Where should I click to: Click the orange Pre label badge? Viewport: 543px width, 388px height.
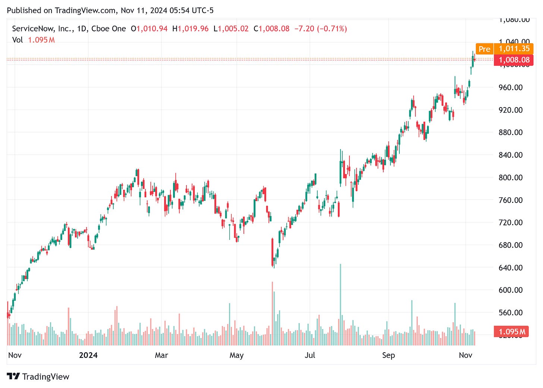[484, 49]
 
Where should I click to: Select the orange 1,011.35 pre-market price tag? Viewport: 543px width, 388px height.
[514, 49]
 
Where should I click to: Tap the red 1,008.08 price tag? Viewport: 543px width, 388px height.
[514, 60]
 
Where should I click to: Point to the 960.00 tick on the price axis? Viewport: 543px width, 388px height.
[511, 88]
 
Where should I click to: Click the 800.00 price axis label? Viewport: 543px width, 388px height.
[511, 178]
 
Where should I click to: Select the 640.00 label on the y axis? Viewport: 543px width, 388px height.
[511, 267]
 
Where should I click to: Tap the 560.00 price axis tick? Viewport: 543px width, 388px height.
[511, 313]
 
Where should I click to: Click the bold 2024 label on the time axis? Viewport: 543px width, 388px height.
[88, 355]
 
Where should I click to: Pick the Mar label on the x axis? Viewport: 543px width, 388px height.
[161, 355]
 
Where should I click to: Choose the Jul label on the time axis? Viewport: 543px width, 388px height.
[310, 355]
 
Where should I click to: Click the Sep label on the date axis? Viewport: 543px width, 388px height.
[388, 355]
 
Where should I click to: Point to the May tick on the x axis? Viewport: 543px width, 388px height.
[236, 355]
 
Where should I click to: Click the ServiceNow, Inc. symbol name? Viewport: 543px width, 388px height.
[42, 29]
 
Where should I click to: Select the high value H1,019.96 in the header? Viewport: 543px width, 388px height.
[190, 29]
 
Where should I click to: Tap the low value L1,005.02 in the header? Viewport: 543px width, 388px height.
[231, 29]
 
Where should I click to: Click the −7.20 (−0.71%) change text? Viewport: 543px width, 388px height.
[320, 29]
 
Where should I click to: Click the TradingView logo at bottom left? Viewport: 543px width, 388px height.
[38, 376]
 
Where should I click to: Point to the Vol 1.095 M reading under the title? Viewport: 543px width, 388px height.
[34, 40]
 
